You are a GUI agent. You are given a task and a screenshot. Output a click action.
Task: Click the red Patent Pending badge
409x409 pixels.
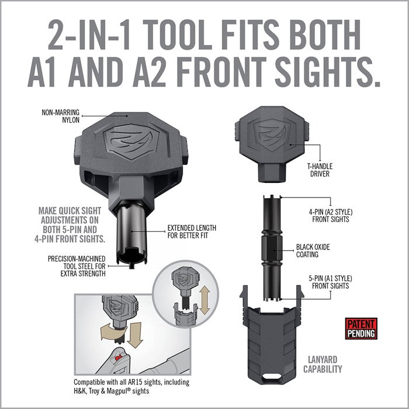pos(361,328)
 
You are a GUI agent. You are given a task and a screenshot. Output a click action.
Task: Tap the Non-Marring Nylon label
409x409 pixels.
pos(61,116)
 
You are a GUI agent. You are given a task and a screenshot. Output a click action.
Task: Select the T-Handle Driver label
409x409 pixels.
pos(320,170)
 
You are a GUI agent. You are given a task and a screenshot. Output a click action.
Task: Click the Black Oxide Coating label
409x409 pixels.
pos(313,251)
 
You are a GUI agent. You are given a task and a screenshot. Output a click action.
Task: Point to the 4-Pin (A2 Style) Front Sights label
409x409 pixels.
pos(331,216)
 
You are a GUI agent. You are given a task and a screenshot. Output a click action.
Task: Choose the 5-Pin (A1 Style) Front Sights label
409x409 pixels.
pos(330,282)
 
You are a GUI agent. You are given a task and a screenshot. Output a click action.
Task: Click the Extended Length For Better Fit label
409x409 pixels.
pos(192,231)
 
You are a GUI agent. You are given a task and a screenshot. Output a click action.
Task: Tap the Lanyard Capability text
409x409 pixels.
pos(323,365)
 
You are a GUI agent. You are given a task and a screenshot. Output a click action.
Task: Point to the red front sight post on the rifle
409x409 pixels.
pos(119,356)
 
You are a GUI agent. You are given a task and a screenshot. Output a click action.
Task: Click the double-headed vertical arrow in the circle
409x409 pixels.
pos(204,300)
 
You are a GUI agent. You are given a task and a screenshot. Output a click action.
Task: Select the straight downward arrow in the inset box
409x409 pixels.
pos(136,335)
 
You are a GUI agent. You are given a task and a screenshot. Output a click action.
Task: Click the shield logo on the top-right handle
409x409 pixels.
pos(272,135)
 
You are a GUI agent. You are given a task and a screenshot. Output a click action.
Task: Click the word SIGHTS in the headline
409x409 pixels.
pos(327,72)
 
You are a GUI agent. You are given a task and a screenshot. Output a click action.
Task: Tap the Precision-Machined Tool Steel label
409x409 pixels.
pos(77,266)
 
